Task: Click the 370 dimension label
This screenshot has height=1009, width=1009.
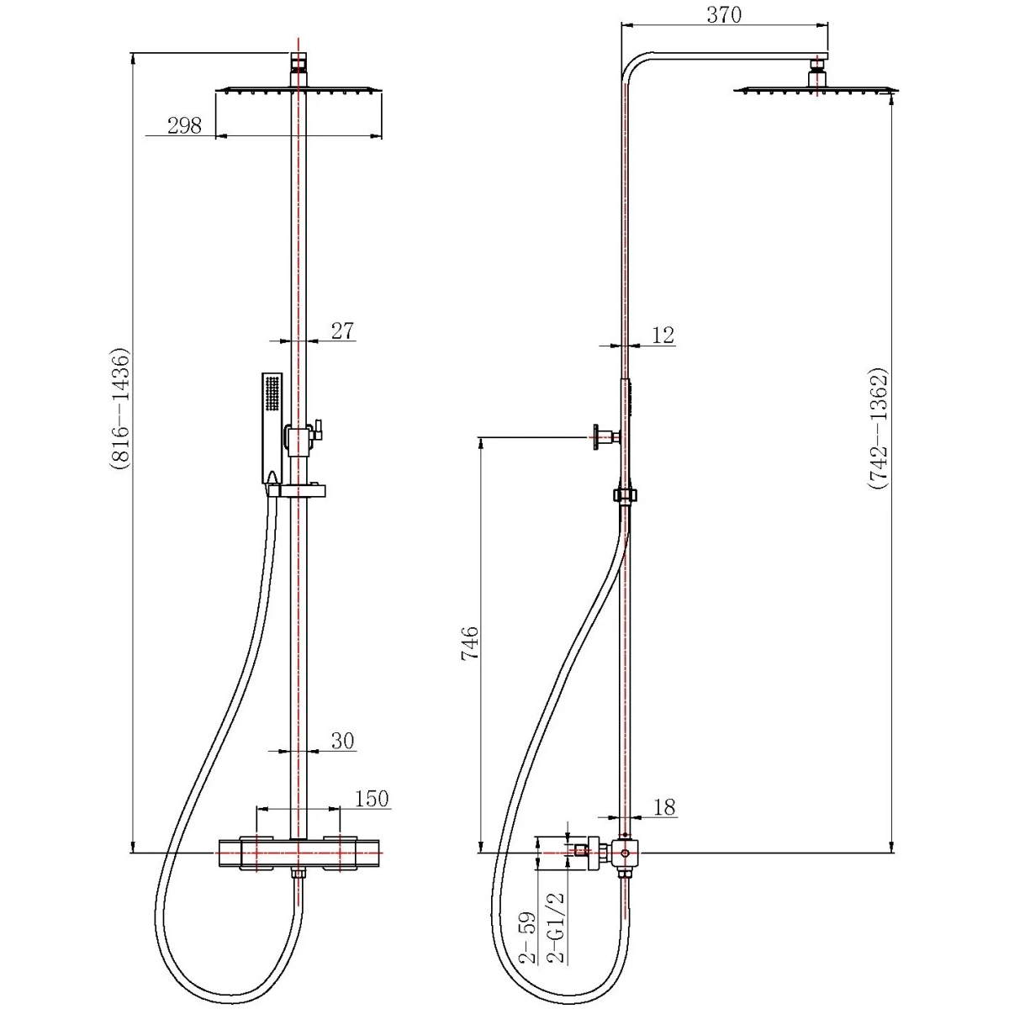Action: coord(724,14)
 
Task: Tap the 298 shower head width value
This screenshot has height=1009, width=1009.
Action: coord(184,125)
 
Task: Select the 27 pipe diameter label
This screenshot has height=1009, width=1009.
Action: coord(343,331)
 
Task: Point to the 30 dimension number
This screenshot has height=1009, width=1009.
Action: coord(343,741)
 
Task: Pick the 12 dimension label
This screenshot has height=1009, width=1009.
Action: coord(663,335)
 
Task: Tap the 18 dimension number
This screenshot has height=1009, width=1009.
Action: coord(664,807)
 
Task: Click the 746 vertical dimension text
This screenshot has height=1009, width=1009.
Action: coord(470,642)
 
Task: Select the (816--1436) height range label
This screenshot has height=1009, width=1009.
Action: coord(119,408)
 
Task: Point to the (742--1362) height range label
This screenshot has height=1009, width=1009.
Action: coord(878,429)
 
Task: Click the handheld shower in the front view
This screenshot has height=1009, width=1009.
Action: coord(272,428)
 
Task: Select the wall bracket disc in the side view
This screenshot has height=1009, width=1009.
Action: coord(597,437)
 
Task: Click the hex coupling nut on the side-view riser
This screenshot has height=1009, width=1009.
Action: coord(625,495)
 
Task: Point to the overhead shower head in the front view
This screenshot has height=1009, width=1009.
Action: coord(298,91)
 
